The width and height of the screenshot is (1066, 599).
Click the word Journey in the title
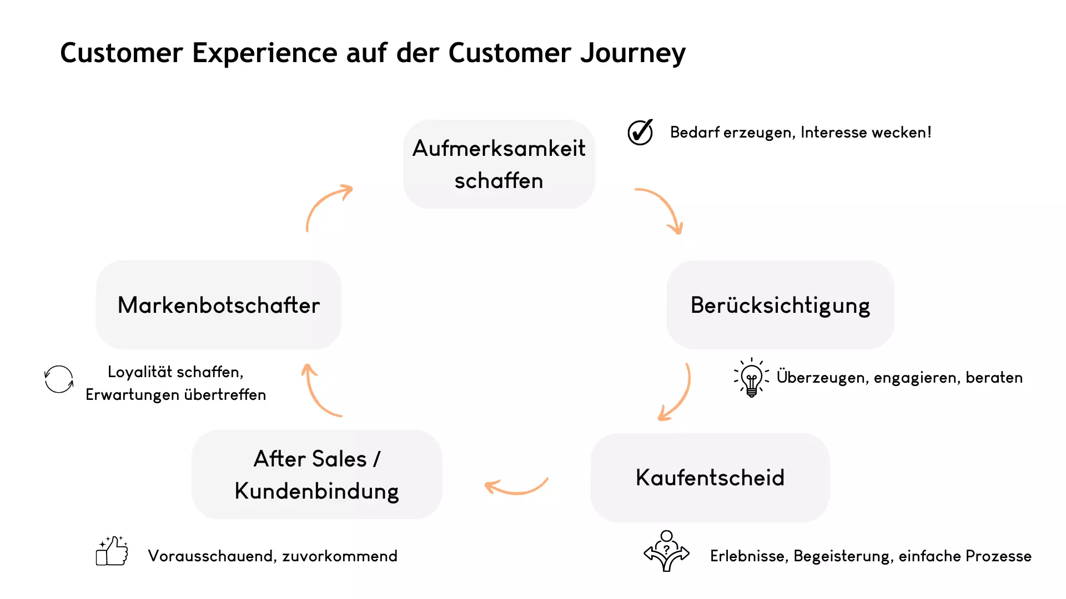tap(633, 54)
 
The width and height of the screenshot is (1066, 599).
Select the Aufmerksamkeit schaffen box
tap(499, 164)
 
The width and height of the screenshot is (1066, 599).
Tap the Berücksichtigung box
tap(780, 305)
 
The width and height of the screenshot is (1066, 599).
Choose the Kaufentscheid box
tap(710, 478)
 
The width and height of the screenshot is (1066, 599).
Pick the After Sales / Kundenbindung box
tap(316, 475)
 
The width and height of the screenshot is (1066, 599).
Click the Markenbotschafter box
tap(219, 305)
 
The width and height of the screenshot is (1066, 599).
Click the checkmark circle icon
tap(640, 133)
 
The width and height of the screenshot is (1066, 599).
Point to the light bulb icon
tap(751, 378)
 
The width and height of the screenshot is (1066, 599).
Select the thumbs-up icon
tap(112, 551)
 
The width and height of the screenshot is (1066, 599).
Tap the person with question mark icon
tap(666, 551)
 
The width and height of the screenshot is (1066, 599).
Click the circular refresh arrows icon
tap(59, 379)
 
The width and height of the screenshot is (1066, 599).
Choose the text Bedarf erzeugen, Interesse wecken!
tap(800, 133)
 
